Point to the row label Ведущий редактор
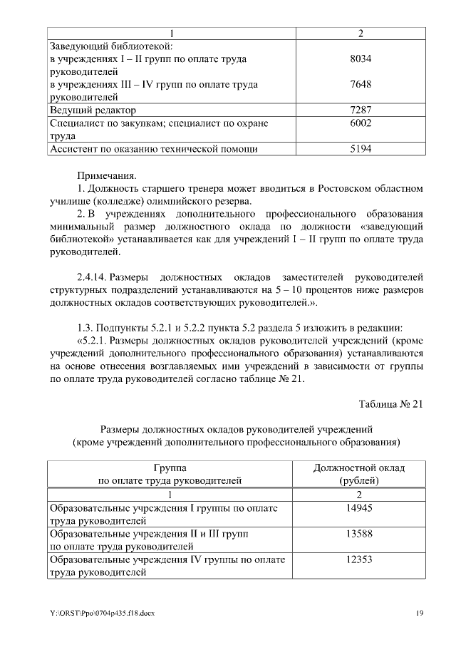pos(92,110)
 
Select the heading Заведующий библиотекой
pos(112,46)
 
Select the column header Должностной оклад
pos(359,468)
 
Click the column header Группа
pos(169,468)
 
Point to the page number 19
pos(419,614)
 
